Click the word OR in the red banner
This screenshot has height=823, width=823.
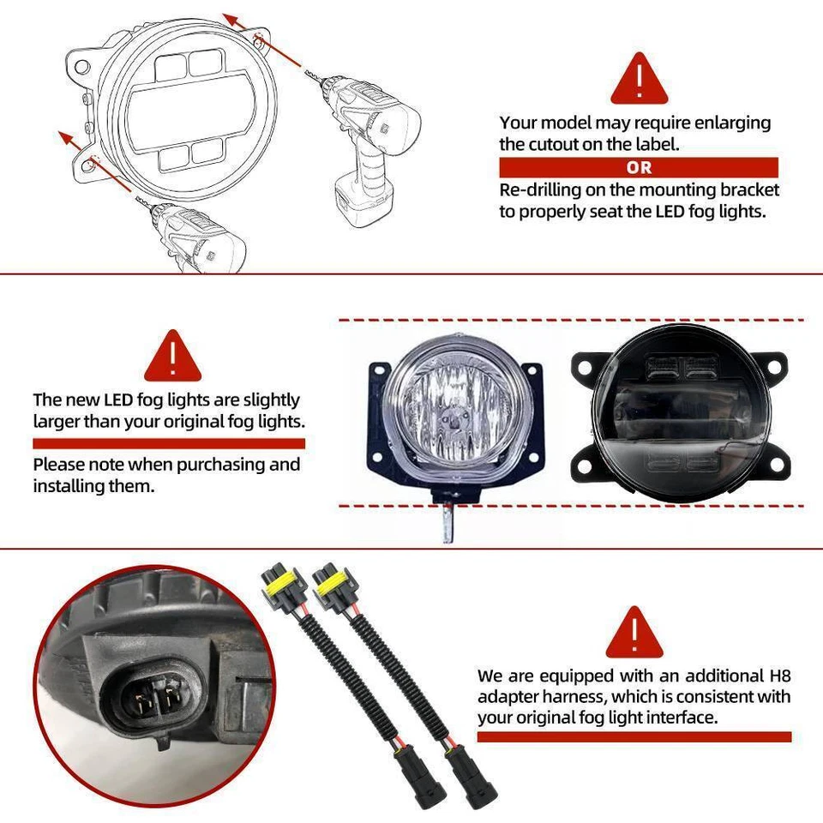point(639,168)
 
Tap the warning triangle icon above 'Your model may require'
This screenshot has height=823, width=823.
point(639,79)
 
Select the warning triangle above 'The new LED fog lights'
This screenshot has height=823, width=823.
point(172,357)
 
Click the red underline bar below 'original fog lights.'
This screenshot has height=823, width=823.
point(169,443)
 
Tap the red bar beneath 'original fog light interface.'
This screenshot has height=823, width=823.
point(634,736)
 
